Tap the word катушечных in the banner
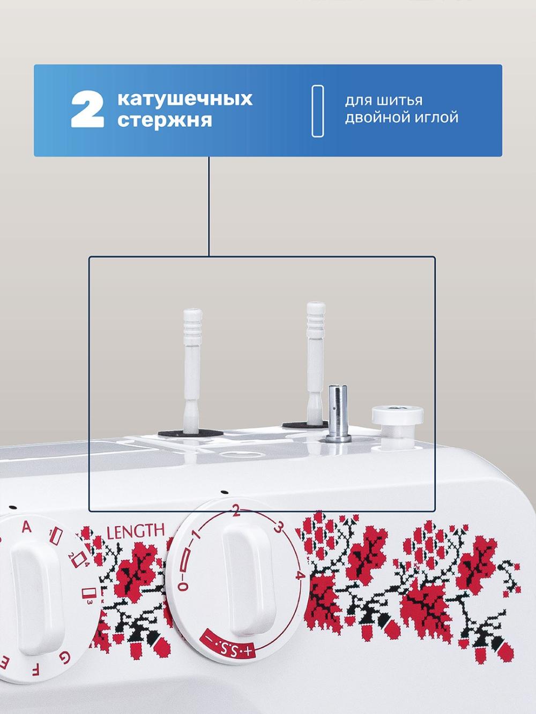(x=185, y=99)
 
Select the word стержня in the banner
(x=165, y=120)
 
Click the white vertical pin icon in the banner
(x=318, y=111)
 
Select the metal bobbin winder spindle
(x=338, y=412)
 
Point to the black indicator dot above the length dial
(x=223, y=492)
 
